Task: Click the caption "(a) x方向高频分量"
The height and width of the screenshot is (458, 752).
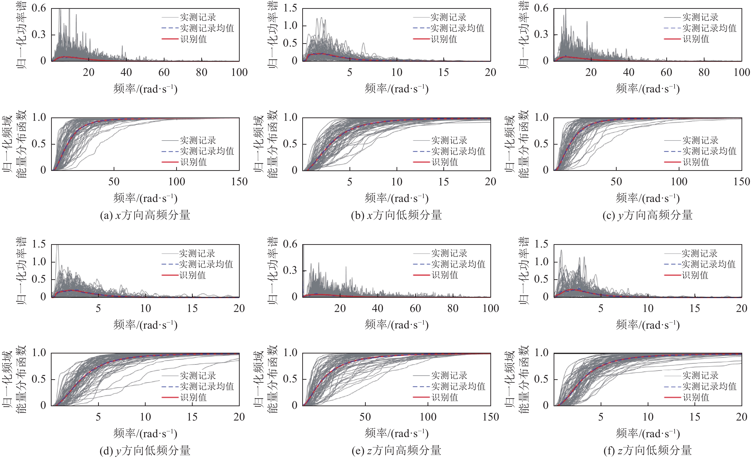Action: [x=145, y=215]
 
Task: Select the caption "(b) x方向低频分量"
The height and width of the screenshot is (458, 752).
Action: [x=396, y=215]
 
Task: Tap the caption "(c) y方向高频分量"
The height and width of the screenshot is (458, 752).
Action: [x=647, y=215]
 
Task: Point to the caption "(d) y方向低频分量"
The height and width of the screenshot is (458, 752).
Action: [x=145, y=450]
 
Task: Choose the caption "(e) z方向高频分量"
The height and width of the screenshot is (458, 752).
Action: [x=396, y=450]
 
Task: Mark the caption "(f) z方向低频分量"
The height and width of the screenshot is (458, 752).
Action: [x=647, y=450]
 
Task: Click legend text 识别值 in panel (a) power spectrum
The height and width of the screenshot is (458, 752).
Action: [x=194, y=39]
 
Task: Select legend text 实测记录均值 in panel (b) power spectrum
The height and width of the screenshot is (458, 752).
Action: [x=457, y=28]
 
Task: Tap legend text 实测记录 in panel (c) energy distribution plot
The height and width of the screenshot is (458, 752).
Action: [x=700, y=140]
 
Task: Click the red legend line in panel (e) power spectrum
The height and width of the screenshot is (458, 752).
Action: [x=421, y=275]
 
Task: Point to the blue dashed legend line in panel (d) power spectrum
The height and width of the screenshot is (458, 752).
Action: [x=170, y=264]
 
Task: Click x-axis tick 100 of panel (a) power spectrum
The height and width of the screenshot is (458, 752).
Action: [x=239, y=72]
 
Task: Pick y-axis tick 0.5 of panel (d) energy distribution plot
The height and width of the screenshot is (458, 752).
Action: [x=39, y=379]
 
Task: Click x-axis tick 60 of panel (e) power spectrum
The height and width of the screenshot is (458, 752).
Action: [x=415, y=309]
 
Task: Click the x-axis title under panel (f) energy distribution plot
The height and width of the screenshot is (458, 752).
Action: [x=648, y=433]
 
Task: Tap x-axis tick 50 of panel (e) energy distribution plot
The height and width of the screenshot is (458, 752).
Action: [x=365, y=417]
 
